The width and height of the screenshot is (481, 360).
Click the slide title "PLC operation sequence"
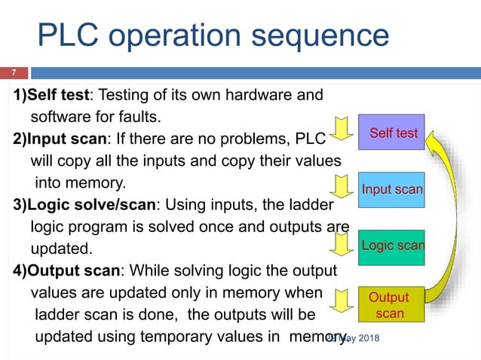(213, 35)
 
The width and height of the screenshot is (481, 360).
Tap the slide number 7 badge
(13, 73)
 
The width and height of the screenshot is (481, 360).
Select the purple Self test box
(391, 133)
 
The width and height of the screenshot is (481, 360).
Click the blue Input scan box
(391, 189)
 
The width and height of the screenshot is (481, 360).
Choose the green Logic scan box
(391, 246)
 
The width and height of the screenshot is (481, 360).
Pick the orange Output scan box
(390, 305)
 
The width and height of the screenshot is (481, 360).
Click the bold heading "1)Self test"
(51, 96)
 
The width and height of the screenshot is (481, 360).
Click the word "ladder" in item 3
(306, 205)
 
